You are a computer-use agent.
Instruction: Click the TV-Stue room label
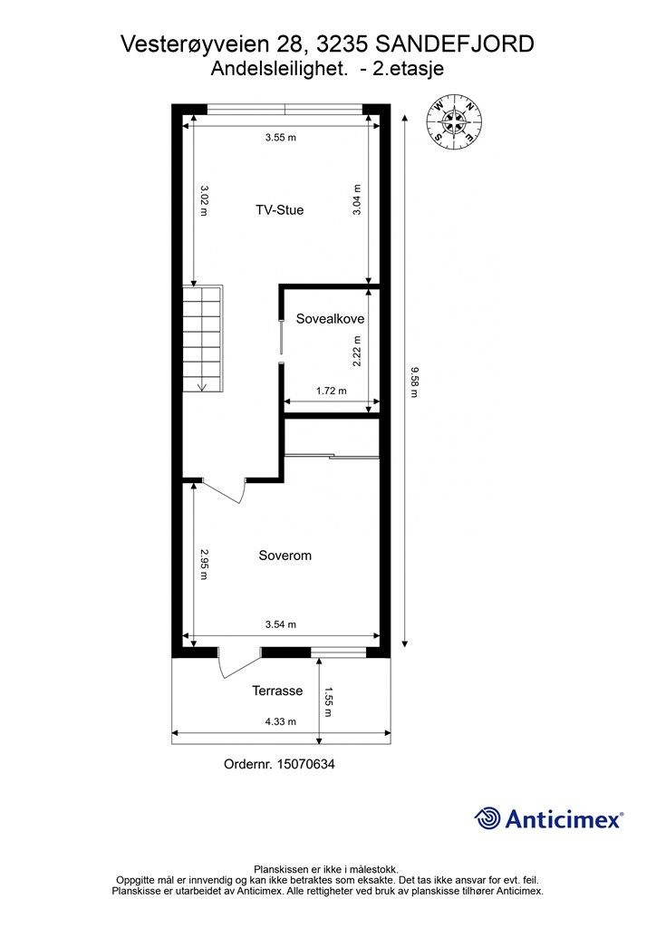coord(279,210)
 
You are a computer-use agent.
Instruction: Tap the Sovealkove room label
coord(330,319)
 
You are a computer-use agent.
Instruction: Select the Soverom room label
coord(285,556)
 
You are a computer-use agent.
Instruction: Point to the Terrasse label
coord(277,691)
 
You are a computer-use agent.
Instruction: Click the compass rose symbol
coord(455,121)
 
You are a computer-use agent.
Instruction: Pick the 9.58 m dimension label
coord(414,382)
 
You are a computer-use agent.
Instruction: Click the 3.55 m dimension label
coord(280,138)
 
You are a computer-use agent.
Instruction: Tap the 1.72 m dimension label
coord(332,391)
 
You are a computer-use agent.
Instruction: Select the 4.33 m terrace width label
coord(280,721)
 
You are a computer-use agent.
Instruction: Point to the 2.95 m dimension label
coord(204,565)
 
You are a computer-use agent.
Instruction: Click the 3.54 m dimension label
coord(280,624)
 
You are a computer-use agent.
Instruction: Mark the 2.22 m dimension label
coord(357,351)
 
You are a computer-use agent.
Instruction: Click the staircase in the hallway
coord(202,339)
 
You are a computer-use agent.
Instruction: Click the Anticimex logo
coord(548,818)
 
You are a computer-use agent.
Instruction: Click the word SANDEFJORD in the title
coord(455,44)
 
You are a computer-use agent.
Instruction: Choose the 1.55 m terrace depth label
coord(330,701)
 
